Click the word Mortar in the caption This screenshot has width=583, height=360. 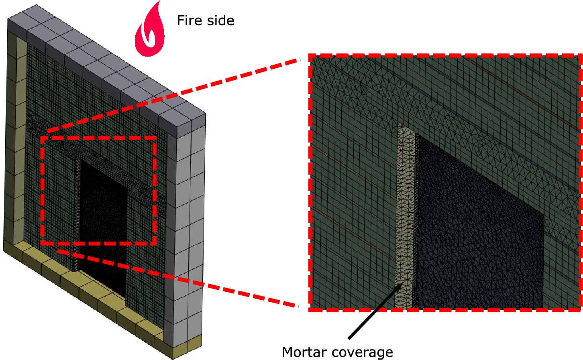tap(304, 352)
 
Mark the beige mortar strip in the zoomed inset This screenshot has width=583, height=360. tap(405, 217)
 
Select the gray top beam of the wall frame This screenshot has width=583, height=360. tap(104, 64)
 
